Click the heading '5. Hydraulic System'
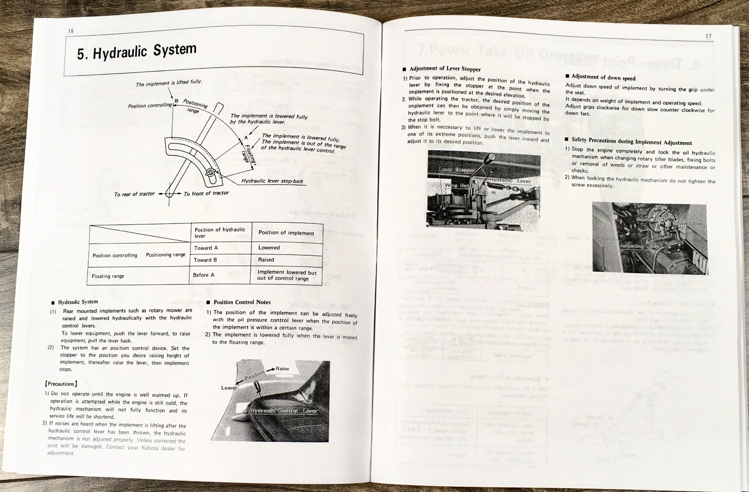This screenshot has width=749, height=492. click(137, 52)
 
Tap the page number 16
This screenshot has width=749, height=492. click(71, 31)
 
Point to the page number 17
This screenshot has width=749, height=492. click(708, 36)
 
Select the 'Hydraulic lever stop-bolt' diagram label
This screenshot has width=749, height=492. click(272, 181)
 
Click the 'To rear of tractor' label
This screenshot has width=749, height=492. click(134, 194)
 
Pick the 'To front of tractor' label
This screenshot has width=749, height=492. click(206, 193)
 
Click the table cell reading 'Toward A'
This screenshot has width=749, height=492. click(206, 248)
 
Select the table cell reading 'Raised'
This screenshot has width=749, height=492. click(266, 260)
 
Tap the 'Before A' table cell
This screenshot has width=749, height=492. click(204, 275)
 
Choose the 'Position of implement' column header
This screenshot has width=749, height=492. click(286, 233)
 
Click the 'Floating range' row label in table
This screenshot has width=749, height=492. click(108, 276)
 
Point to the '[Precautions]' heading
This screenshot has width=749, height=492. click(61, 384)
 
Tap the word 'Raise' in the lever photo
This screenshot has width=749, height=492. click(282, 369)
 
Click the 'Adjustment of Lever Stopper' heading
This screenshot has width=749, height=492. click(445, 69)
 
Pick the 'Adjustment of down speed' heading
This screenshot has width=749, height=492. click(603, 77)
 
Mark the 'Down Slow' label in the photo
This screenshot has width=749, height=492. click(687, 224)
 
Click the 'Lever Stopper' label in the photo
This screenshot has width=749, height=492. click(456, 170)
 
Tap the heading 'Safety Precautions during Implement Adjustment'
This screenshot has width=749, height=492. click(631, 141)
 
